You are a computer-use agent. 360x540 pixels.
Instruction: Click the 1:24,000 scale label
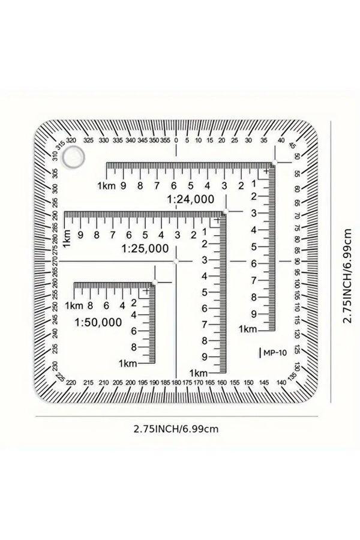[x=191, y=199]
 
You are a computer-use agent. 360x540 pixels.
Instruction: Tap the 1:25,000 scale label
[x=145, y=248]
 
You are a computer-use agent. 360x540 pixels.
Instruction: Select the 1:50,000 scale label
[x=98, y=322]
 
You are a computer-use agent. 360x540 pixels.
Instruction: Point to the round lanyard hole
[x=73, y=157]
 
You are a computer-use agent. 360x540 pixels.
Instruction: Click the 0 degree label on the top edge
[x=176, y=140]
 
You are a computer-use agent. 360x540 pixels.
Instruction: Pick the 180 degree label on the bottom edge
[x=176, y=382]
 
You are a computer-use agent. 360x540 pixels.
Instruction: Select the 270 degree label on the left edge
[x=55, y=262]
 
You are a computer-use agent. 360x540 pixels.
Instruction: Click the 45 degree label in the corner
[x=292, y=145]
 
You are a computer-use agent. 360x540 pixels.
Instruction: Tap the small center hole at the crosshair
[x=176, y=262]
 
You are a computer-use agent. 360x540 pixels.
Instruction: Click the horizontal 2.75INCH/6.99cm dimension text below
[x=176, y=429]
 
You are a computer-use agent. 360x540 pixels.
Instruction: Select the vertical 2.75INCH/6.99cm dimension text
[x=347, y=275]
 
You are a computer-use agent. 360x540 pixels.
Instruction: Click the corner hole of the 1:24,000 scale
[x=275, y=162]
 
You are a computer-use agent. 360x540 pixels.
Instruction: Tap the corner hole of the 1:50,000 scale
[x=155, y=283]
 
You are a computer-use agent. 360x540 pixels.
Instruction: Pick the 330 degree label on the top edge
[x=104, y=140]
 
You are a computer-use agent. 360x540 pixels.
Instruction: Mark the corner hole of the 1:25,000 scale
[x=226, y=211]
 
